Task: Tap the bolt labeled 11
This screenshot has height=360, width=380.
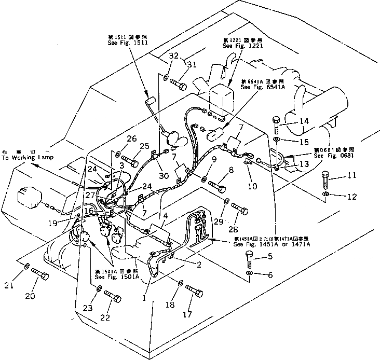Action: click(x=326, y=180)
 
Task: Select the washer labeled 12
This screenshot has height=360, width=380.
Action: click(x=324, y=194)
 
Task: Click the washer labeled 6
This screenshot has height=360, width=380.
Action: click(x=250, y=273)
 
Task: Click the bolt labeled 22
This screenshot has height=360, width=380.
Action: click(x=112, y=296)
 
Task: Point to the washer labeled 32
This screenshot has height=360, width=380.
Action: click(x=165, y=77)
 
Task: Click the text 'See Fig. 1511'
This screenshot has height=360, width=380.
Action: click(x=121, y=44)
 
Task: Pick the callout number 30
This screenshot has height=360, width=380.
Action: click(x=164, y=176)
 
